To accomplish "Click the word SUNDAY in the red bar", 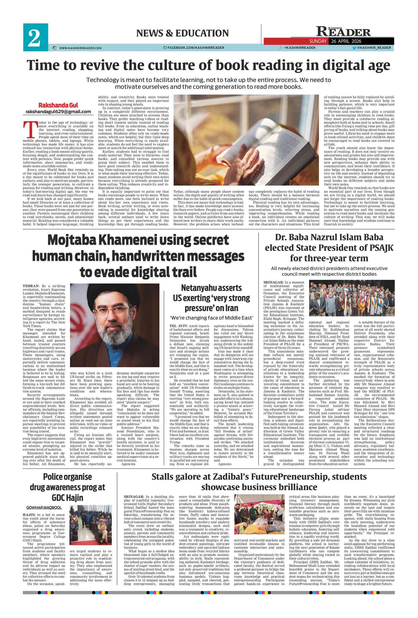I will pos(318,41).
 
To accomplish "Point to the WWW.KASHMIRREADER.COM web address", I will pos(80,48).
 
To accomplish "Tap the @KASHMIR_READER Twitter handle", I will pos(374,48).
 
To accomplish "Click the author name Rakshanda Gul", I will pos(58,105).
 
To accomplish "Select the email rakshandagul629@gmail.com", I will pos(58,112).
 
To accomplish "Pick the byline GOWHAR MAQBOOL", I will pos(44,508).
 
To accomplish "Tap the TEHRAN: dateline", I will pos(31,286).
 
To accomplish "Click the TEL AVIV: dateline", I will pos(179,326).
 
